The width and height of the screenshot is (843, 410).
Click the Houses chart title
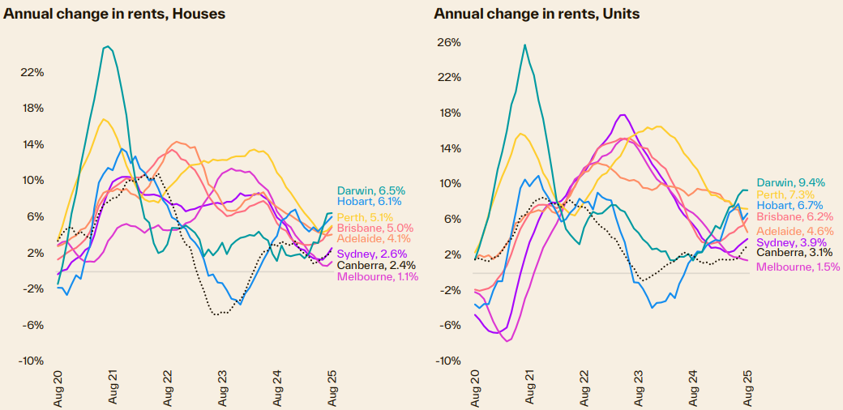114,14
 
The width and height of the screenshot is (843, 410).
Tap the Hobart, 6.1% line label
369,201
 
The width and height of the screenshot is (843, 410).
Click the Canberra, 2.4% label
376,265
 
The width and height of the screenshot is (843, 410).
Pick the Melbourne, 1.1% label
378,277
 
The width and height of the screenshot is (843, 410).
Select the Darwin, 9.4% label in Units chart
790,183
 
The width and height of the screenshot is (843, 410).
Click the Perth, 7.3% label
785,194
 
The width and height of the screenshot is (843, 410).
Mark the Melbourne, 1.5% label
798,266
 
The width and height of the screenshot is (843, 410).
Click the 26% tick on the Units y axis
449,42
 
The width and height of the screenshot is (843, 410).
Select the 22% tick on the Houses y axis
32,72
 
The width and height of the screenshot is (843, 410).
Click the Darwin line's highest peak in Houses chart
107,47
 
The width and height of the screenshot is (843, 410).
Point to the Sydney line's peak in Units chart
623,115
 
